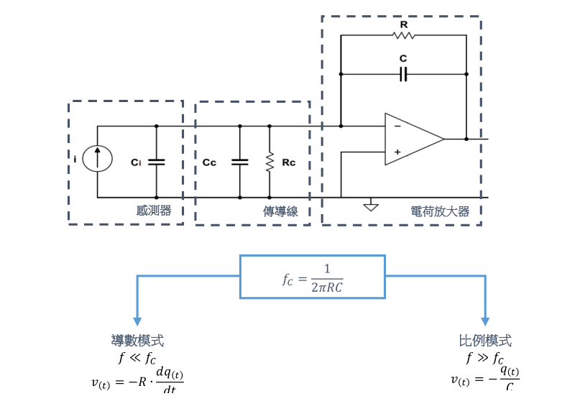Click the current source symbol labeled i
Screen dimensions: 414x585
(x=97, y=159)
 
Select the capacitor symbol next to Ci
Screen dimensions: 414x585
(x=156, y=162)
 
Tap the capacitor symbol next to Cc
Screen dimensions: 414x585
(x=239, y=162)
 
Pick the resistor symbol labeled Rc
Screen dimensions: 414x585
(x=270, y=162)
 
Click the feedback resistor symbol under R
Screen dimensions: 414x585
(x=403, y=35)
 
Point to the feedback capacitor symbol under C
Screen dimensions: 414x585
(x=403, y=73)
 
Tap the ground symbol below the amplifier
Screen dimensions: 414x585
(x=371, y=206)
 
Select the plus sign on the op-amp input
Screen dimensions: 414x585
(x=397, y=152)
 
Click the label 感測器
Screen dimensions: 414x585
(x=154, y=211)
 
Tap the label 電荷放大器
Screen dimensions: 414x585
(x=440, y=211)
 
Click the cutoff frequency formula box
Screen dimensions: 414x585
(x=313, y=276)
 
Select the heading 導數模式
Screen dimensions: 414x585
(x=137, y=341)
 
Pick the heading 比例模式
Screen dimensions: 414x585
(x=485, y=341)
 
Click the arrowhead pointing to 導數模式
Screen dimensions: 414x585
(x=137, y=321)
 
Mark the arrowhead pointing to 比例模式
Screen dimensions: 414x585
(x=485, y=321)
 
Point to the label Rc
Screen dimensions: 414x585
(x=289, y=163)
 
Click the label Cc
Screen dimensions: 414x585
(x=209, y=163)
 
